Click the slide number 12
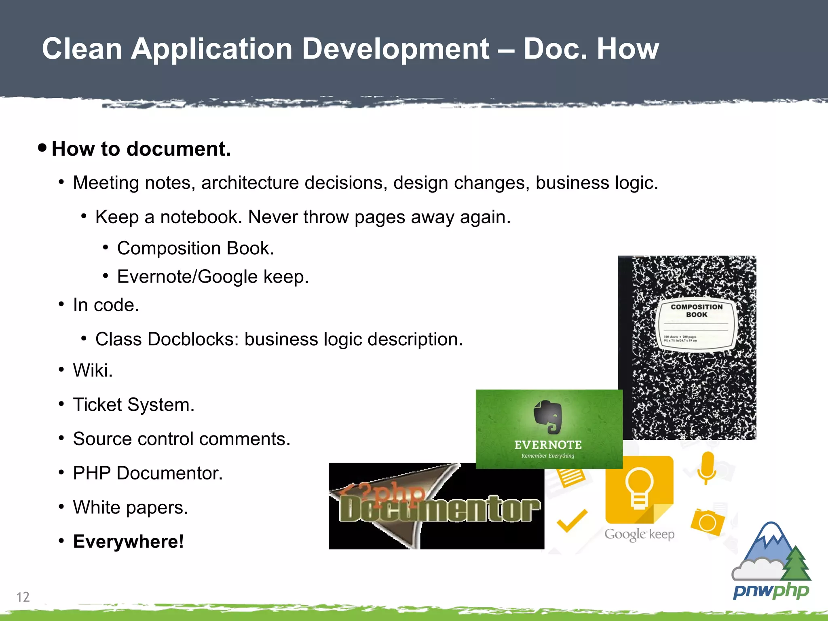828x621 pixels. pos(23,597)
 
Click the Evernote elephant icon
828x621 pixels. pos(548,417)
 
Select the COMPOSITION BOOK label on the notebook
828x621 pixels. pos(696,310)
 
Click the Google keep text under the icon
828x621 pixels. pos(639,534)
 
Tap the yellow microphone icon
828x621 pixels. pos(707,467)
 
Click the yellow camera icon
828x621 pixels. pos(708,522)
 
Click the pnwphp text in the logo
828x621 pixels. pos(771,591)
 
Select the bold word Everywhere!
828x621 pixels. pos(128,541)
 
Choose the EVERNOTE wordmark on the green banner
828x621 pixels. pos(548,445)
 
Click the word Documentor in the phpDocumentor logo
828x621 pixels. pos(439,509)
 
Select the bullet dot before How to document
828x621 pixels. pos(42,147)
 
